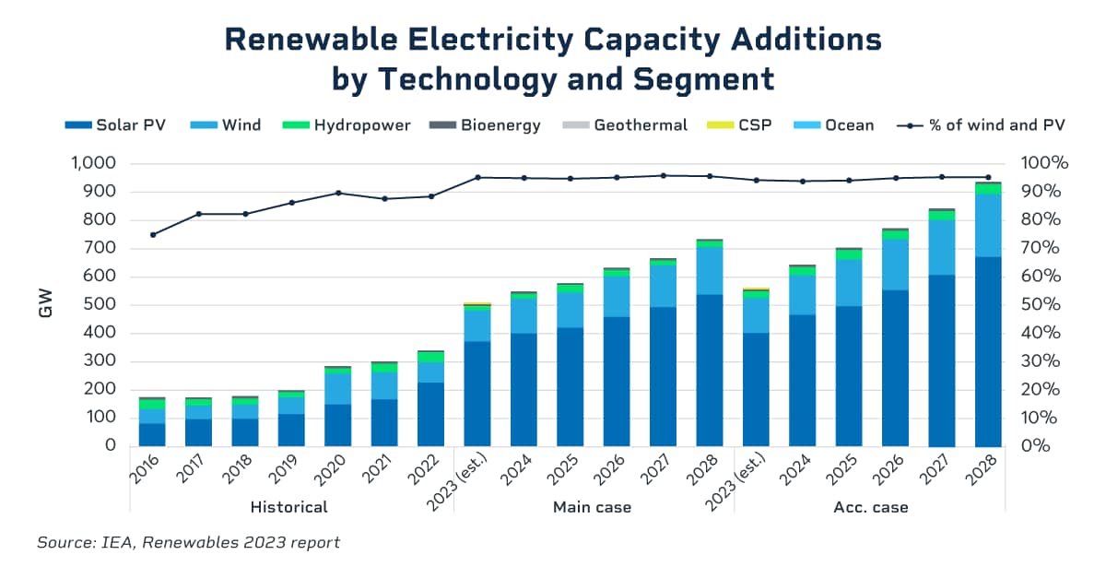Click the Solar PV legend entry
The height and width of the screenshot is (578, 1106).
[115, 124]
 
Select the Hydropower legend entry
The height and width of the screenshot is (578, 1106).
[350, 124]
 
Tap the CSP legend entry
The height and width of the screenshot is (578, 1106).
[744, 124]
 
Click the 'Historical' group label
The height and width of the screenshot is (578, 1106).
[289, 507]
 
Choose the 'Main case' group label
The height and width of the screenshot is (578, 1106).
[592, 507]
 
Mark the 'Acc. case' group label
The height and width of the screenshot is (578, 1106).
[870, 507]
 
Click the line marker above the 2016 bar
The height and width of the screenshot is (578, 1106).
[153, 234]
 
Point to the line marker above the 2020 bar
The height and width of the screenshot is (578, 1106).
[338, 193]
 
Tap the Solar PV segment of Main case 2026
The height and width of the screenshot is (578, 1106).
[617, 381]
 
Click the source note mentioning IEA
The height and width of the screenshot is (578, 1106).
[188, 542]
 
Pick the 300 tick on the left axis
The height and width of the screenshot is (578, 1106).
[99, 361]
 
